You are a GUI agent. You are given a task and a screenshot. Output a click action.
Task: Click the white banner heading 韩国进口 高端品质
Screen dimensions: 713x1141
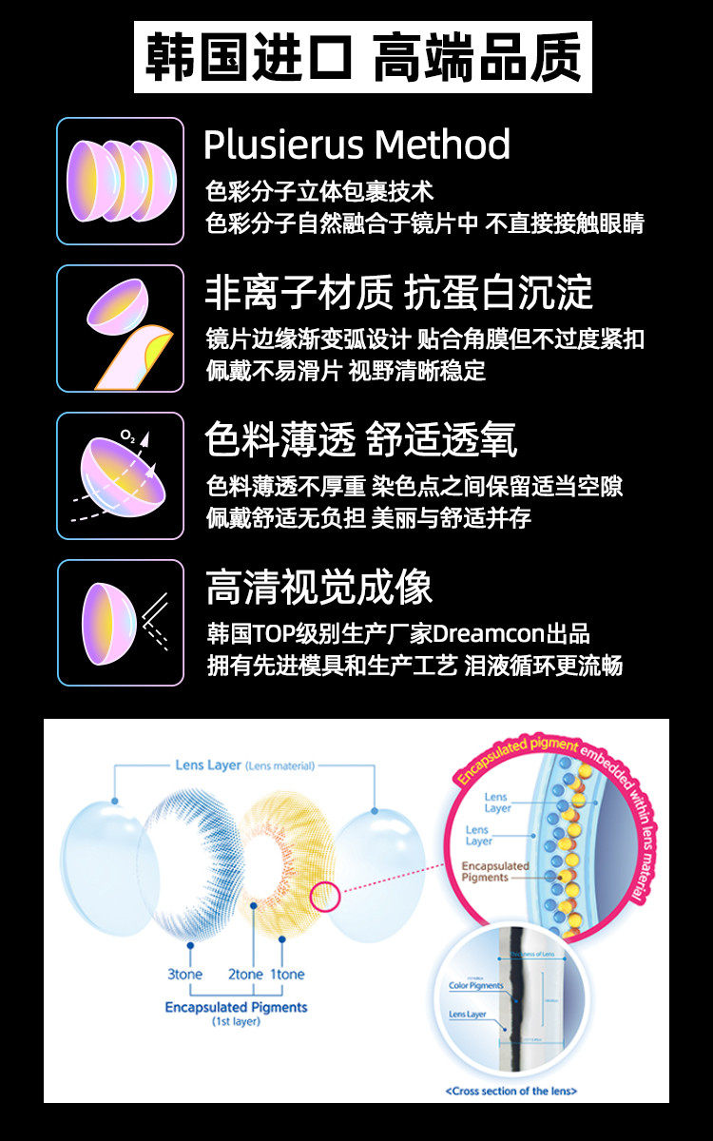(362, 57)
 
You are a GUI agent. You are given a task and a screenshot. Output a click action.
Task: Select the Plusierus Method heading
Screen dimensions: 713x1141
(356, 145)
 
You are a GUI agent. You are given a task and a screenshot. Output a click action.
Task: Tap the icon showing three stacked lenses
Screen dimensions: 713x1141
(120, 181)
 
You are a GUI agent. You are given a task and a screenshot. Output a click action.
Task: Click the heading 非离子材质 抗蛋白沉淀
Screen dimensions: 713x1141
(398, 293)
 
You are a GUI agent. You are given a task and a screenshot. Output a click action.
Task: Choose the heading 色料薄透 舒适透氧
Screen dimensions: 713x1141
(361, 440)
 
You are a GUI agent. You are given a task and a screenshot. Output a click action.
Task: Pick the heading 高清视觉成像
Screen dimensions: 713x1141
(318, 588)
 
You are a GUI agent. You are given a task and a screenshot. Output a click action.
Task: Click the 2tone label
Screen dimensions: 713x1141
(245, 974)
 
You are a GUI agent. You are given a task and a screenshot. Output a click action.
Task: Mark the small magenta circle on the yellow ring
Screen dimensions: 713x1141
(325, 897)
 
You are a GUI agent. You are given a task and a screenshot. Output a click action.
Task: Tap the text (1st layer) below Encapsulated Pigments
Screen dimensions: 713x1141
(236, 1022)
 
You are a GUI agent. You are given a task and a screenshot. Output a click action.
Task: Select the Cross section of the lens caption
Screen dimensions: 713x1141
(511, 1091)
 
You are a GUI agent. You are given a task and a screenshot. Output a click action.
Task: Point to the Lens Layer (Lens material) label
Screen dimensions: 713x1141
(244, 765)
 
